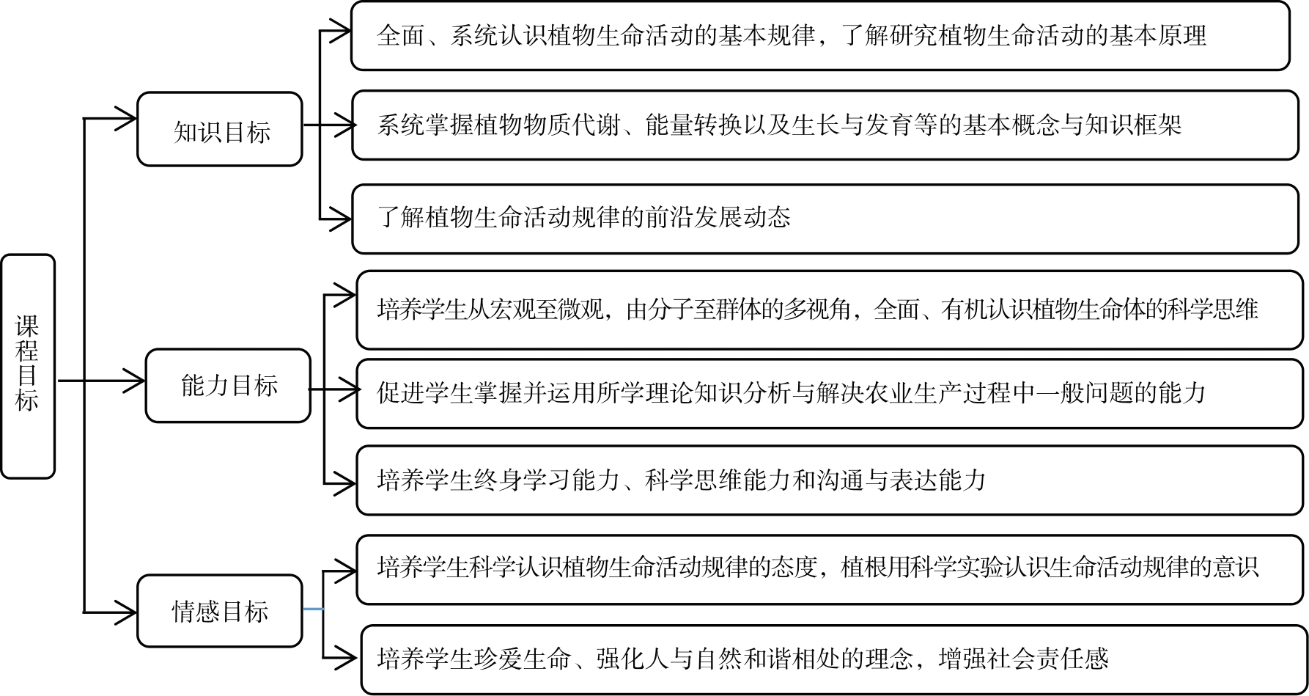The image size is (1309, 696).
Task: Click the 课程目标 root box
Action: (x=28, y=366)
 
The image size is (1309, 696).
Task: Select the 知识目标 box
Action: (x=220, y=130)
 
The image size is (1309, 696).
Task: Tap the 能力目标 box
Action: (x=228, y=385)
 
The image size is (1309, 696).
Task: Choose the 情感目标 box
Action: (x=220, y=610)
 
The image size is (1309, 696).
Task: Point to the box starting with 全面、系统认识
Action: (x=819, y=36)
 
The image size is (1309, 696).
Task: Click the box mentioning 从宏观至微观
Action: (x=829, y=309)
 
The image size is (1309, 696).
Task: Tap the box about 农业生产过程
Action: (x=829, y=393)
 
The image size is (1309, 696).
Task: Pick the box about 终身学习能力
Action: (x=829, y=480)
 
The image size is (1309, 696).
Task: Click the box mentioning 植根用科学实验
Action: (x=829, y=569)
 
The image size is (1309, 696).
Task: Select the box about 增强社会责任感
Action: (x=833, y=659)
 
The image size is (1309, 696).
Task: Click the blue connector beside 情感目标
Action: (x=314, y=609)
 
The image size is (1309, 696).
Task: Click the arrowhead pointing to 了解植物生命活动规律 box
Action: (x=342, y=219)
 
